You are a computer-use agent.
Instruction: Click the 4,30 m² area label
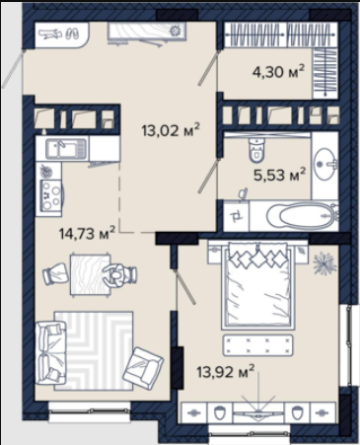[x=278, y=71]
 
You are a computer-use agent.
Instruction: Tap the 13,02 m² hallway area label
[x=171, y=130]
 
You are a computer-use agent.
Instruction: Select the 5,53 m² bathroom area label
[x=280, y=175]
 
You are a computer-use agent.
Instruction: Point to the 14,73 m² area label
[x=87, y=233]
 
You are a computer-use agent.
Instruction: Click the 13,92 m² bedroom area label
[x=226, y=371]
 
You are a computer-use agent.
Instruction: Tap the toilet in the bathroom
[x=256, y=150]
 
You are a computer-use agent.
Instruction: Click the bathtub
[x=302, y=216]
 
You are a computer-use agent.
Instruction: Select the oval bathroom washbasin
[x=325, y=164]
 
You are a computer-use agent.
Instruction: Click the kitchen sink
[x=66, y=149]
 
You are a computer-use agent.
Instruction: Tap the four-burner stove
[x=51, y=195]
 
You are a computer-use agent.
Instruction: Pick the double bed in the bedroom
[x=256, y=285]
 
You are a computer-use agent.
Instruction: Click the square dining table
[x=91, y=274]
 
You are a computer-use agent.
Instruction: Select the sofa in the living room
[x=51, y=353]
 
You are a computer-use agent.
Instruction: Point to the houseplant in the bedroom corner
[x=324, y=263]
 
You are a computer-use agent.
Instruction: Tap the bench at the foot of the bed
[x=257, y=345]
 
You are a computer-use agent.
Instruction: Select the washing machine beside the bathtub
[x=237, y=215]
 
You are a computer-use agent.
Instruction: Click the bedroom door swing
[x=185, y=286]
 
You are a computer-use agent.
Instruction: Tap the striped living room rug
[x=94, y=350]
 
